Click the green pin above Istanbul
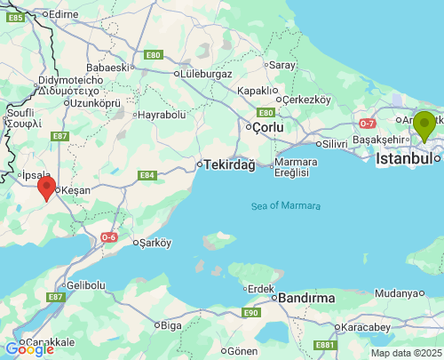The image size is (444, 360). click(424, 125)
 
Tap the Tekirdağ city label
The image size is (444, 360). click(229, 165)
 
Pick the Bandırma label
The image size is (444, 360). click(306, 298)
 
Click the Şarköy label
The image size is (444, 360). click(154, 242)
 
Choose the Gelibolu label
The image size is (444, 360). click(86, 285)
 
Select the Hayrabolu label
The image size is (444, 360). click(163, 115)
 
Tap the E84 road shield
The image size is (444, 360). click(147, 175)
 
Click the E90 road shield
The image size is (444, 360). click(250, 312)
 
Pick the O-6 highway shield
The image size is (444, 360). click(108, 236)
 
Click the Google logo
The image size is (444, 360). click(29, 349)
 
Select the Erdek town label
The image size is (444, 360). click(261, 288)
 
